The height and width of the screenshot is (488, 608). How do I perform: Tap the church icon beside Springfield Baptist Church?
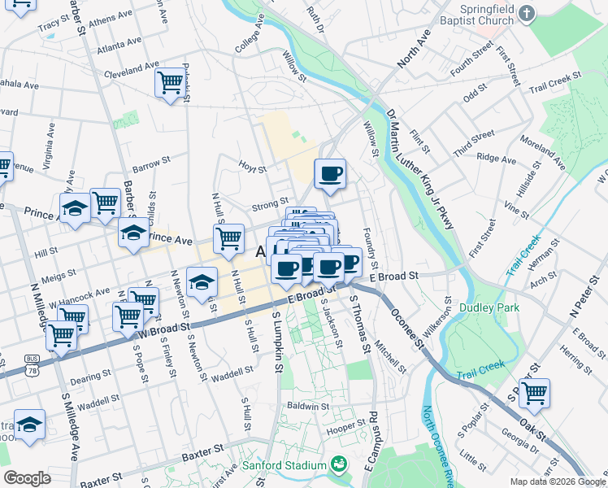[527, 14]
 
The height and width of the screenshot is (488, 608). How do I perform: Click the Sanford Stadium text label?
[284, 466]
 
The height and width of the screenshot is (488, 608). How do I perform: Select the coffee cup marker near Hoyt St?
[330, 173]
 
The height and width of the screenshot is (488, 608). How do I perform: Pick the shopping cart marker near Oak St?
[534, 393]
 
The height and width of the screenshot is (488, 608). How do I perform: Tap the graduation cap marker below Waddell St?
[30, 425]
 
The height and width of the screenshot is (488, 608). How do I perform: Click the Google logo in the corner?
[27, 478]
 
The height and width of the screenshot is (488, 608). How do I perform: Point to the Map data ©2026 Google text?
[557, 481]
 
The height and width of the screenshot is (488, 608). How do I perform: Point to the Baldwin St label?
[307, 405]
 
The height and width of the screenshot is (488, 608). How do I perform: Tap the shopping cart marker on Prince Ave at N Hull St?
[228, 238]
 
